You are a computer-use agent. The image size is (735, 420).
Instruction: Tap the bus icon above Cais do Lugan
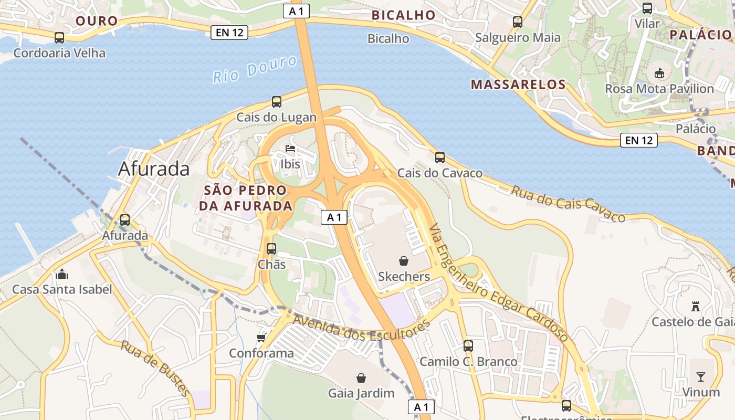coord(276,102)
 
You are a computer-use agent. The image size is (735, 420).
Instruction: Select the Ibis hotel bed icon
coord(290,149)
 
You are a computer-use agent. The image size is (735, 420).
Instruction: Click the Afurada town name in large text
coord(154,169)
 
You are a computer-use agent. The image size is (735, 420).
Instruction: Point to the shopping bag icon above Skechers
coord(404,261)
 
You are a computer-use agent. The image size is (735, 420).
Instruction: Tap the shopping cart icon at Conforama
coord(261,338)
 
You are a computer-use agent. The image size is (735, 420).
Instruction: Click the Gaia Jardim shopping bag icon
coord(361,378)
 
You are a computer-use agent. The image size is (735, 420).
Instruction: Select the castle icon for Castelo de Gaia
coord(696,306)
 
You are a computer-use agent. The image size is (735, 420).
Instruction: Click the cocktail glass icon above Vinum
coord(701,376)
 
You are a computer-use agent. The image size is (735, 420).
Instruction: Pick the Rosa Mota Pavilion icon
coord(659,73)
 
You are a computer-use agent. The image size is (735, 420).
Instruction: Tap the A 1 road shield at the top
coord(296,11)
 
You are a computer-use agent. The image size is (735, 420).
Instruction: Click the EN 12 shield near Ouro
coord(229,33)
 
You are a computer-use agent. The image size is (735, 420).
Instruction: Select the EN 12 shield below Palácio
coord(639,140)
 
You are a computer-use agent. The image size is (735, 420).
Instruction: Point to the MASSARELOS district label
coord(518,85)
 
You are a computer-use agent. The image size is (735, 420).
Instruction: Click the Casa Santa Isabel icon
coord(62,274)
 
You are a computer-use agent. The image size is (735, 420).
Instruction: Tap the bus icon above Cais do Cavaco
coord(439,157)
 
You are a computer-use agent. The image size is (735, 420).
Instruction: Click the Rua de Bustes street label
coord(155,367)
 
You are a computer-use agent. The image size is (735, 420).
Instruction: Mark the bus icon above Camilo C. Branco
coord(468,346)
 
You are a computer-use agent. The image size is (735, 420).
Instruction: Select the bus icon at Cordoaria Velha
coord(59,38)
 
